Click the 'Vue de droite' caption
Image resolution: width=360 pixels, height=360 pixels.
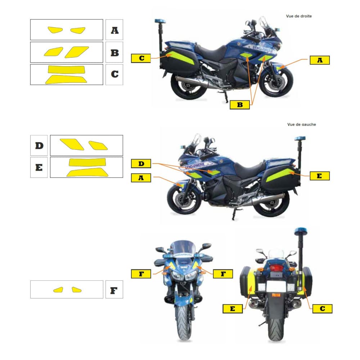point(299,16)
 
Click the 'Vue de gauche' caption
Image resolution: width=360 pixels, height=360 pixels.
point(301,125)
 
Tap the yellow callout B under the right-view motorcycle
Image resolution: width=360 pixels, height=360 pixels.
point(240,105)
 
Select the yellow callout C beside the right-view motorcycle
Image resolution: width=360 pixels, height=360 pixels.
point(141,58)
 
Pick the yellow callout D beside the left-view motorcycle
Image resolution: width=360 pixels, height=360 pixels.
point(141,163)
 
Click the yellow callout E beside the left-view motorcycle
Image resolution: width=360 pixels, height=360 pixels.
point(320,176)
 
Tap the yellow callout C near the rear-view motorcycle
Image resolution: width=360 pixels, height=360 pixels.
point(322,309)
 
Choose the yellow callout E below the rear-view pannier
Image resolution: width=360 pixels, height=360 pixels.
point(233,309)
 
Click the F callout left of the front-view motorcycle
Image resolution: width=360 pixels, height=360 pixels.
point(141,274)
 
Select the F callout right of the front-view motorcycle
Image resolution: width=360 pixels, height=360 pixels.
point(223,274)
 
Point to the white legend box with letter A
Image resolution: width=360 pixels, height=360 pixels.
point(114,30)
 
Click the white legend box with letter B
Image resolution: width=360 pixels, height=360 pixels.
point(114,52)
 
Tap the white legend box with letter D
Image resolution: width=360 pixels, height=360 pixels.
point(39,145)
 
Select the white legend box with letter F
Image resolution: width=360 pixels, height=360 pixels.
point(114,289)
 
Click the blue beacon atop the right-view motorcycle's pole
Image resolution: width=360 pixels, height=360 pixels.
point(160,21)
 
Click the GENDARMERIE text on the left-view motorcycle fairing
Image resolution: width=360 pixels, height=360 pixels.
point(195,166)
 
